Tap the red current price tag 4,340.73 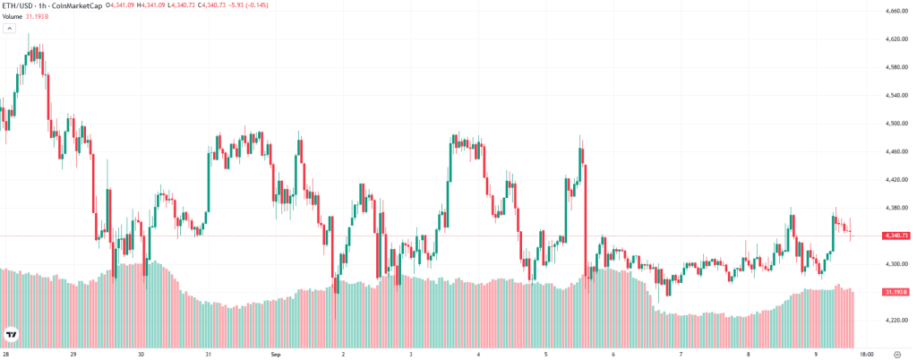coord(896,236)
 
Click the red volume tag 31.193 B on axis coord(896,292)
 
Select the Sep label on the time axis coord(276,354)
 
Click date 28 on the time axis coord(6,354)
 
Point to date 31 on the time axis coord(208,354)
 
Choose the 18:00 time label coord(867,354)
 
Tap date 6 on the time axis coord(613,354)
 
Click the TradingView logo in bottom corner coord(12,335)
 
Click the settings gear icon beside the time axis coord(896,354)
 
